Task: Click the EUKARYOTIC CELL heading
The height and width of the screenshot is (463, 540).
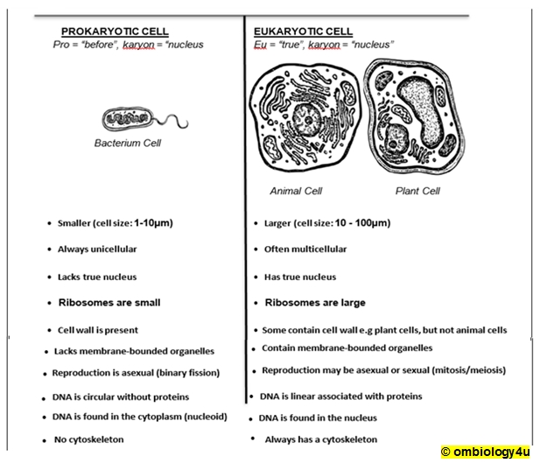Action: coord(303,31)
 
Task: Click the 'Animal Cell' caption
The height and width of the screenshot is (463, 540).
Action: coord(297,191)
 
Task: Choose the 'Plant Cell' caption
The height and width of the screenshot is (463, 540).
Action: coord(417,191)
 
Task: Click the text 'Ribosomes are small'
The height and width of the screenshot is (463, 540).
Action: coord(109,303)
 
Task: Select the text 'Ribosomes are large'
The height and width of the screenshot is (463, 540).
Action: coord(315,303)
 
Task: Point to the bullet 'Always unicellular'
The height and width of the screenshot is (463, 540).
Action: coord(97,249)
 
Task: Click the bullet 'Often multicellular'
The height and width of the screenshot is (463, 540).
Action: coord(305,249)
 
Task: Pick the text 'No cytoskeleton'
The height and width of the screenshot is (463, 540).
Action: coord(88,439)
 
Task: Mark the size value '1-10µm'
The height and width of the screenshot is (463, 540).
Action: coord(153,223)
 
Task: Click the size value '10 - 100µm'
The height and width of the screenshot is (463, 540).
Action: coord(361,223)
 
